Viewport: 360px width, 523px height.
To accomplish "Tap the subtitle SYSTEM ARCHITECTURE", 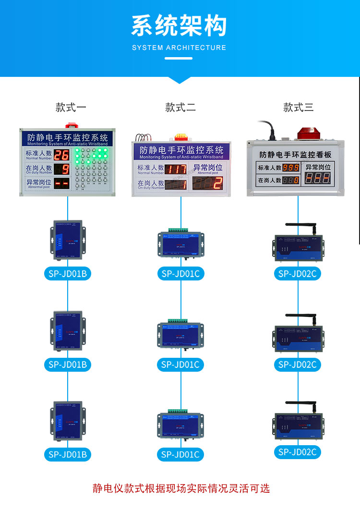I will pos(179,48).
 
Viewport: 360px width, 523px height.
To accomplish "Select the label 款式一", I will pos(71,107).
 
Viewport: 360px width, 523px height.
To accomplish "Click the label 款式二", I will pos(180,107).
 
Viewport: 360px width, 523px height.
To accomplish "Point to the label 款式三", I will pos(298,107).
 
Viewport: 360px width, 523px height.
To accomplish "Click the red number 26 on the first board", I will pos(61,155).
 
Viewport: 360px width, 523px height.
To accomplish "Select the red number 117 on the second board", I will pos(175,169).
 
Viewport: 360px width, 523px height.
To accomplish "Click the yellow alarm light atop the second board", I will pos(181,137).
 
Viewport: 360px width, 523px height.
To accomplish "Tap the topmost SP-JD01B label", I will pos(68,274).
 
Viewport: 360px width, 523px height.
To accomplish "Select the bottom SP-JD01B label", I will pos(68,454).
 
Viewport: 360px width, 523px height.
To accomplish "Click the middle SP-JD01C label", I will pos(180,365).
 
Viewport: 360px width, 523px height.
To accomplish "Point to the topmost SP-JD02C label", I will pos(298,274).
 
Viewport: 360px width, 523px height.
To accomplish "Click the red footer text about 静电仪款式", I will pos(181,488).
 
